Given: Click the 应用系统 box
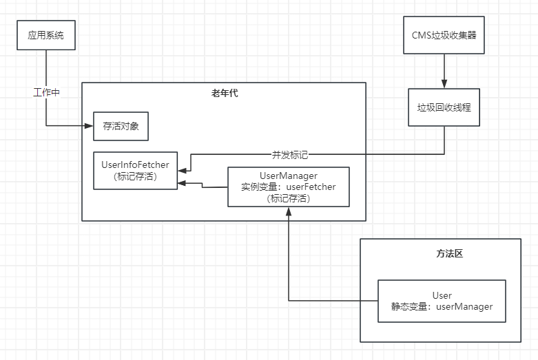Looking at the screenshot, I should pos(45,36).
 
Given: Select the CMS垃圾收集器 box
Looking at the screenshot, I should pos(444,36).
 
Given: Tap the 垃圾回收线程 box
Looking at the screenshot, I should pos(444,108).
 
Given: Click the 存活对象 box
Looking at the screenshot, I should pos(121,126).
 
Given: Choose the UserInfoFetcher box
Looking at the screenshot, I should pos(135,171).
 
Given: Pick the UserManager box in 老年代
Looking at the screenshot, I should pos(289,187).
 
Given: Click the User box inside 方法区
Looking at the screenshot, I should pos(442,301).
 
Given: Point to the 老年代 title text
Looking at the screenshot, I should pos(225,93).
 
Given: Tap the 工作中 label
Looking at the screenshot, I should pos(46,92).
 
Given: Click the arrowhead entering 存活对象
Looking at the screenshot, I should pos(90,126).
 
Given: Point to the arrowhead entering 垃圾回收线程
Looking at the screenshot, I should pos(444,84).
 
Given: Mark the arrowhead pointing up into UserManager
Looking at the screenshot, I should pos(289,211).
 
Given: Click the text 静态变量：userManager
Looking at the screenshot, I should pos(442,306).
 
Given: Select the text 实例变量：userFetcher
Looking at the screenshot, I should pos(289,187).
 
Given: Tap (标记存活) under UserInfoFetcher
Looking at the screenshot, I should pos(135,177).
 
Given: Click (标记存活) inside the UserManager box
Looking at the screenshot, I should pos(289,198).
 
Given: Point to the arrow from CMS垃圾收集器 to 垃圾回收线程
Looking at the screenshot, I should pos(444,70).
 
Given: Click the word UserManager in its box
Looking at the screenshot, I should pos(289,176).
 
